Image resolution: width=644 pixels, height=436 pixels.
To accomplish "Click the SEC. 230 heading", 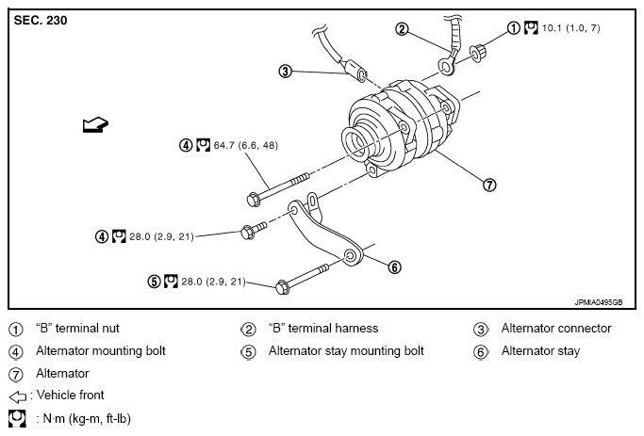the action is click(41, 21).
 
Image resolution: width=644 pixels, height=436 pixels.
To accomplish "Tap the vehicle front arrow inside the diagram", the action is click(95, 124).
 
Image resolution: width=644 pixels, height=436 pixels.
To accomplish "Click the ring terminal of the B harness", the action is click(447, 66).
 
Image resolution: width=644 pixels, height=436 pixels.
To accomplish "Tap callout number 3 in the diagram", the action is click(285, 72).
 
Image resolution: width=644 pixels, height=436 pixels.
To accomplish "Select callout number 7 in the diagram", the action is click(489, 185).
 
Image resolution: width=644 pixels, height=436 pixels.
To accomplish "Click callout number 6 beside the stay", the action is click(394, 267).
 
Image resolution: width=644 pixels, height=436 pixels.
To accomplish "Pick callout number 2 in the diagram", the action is click(402, 28).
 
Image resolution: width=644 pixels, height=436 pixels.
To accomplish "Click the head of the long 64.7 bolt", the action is click(254, 200).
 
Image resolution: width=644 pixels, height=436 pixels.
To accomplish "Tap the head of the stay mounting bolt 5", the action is click(282, 287).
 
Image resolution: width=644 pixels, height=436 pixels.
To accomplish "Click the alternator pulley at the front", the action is click(356, 143).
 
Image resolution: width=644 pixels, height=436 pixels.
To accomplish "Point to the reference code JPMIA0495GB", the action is click(599, 302).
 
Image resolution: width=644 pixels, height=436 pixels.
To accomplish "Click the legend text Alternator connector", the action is click(556, 328).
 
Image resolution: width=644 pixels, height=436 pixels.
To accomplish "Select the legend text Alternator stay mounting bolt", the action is click(346, 351).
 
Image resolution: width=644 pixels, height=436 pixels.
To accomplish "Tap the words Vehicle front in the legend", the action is click(70, 395).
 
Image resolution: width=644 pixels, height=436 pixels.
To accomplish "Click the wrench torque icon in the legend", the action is click(17, 418).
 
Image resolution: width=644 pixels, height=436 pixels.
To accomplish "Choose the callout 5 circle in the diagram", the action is click(154, 282).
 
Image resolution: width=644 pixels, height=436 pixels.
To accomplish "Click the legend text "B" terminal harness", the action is click(323, 328).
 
